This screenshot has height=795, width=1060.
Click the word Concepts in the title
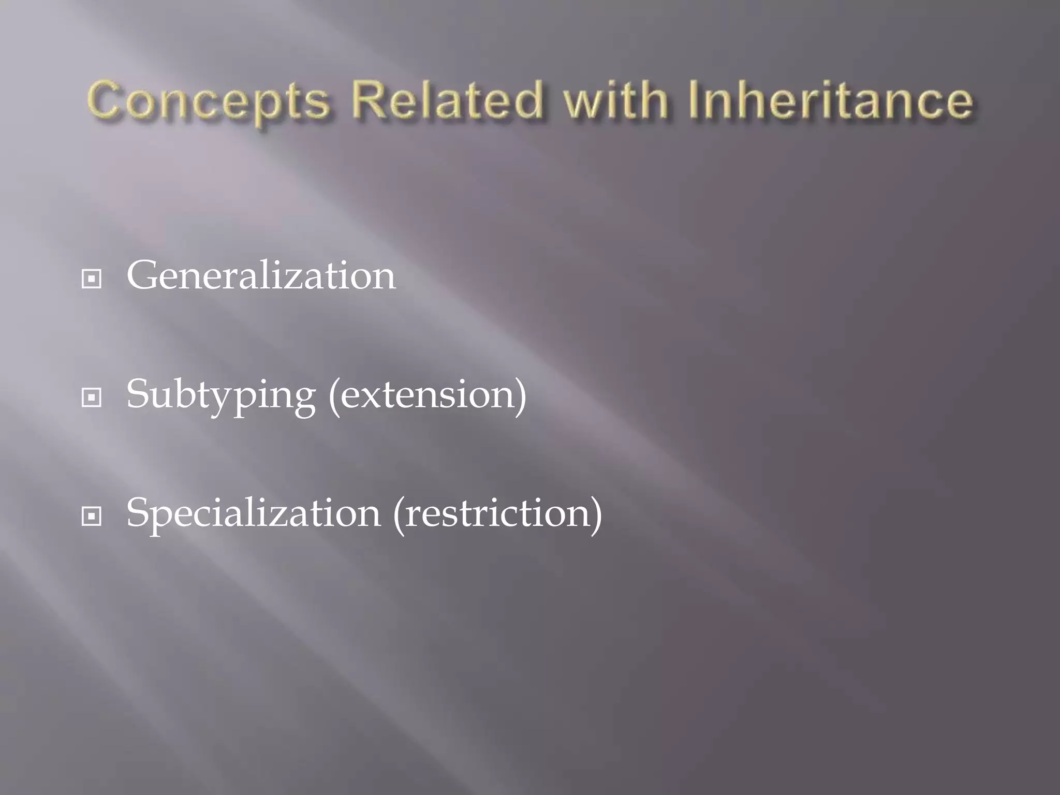208,101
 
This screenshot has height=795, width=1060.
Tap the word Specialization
254,513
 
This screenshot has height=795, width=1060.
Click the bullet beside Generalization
92,279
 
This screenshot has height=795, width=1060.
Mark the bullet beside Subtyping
92,398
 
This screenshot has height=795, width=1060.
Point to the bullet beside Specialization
92,517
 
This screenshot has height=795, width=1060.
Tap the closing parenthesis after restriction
596,514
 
